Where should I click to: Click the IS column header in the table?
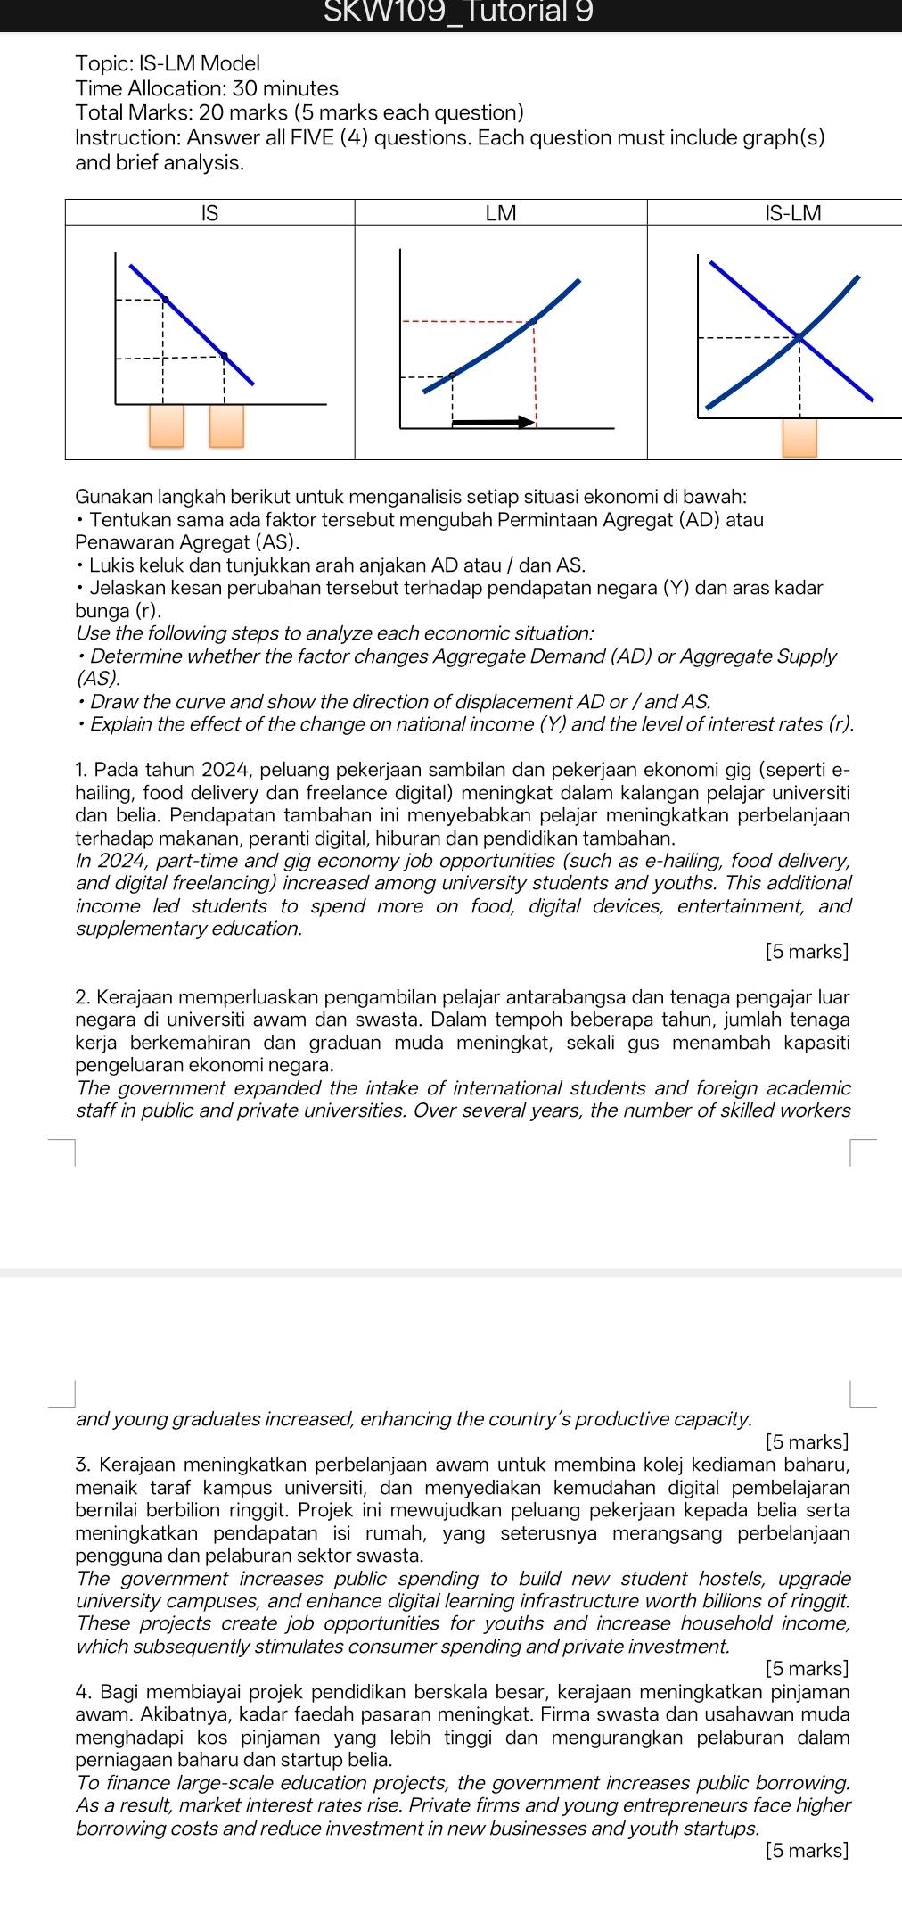[209, 213]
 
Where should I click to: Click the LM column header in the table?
[500, 213]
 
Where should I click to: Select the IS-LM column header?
[792, 213]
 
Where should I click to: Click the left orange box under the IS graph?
[167, 425]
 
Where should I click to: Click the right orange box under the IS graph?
[226, 425]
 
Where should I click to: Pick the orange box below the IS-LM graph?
[799, 437]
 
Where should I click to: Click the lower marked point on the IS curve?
[225, 356]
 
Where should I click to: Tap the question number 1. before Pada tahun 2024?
[82, 770]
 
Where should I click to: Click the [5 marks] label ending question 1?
[807, 952]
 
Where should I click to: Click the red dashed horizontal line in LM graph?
[463, 321]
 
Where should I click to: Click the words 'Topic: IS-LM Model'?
[168, 63]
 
